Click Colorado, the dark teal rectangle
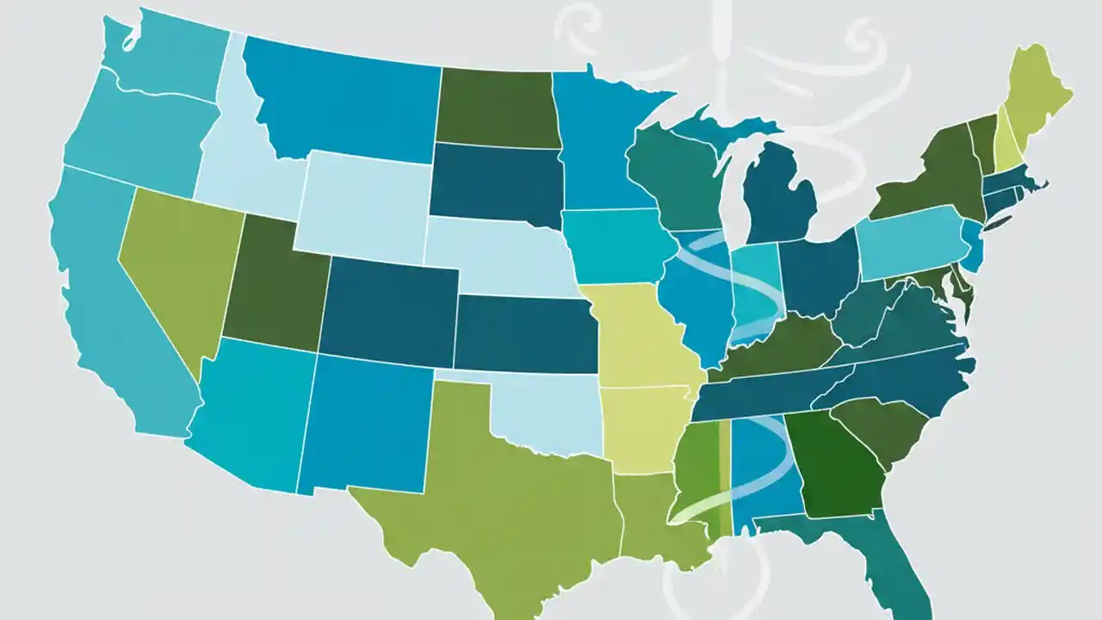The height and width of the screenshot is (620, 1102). pos(387,310)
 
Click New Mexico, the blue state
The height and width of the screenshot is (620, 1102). pos(366,422)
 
